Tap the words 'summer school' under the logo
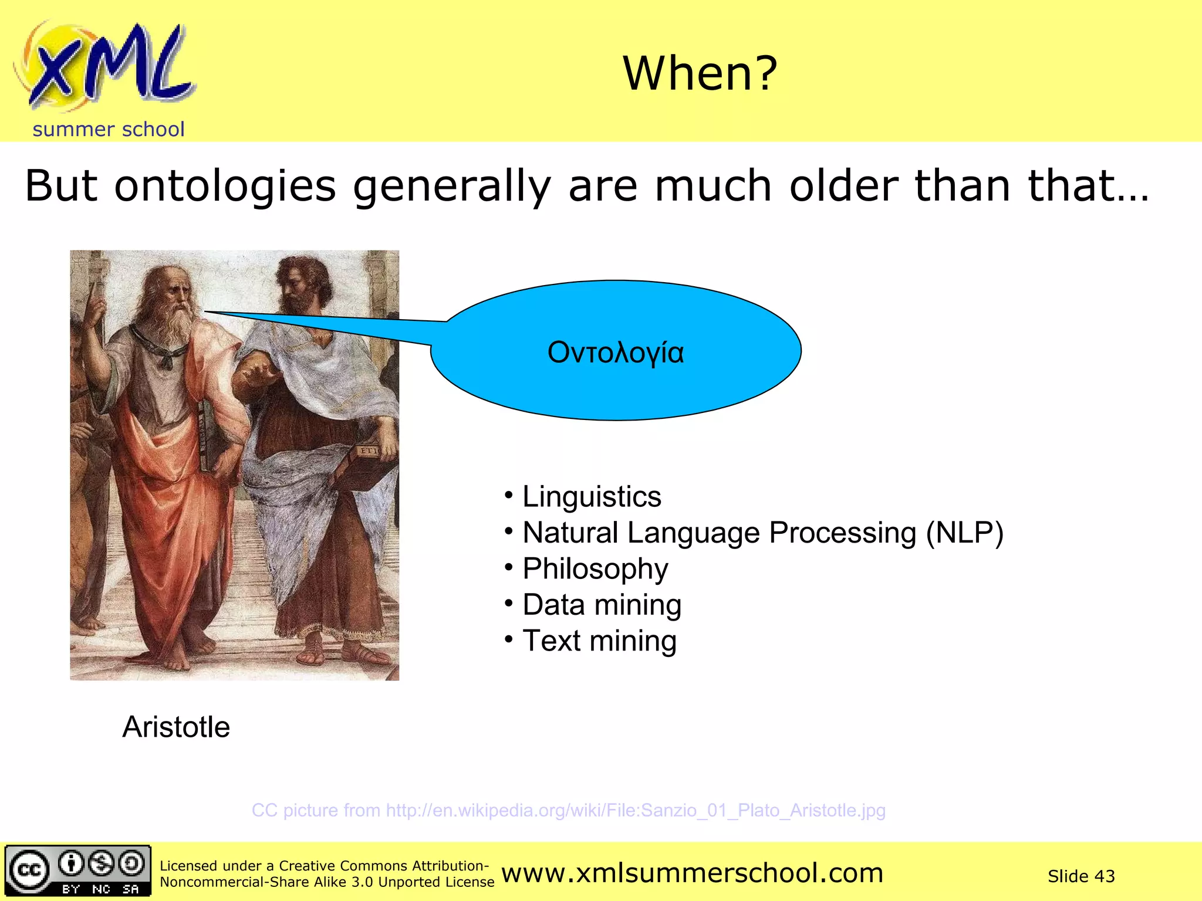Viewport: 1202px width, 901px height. pyautogui.click(x=109, y=130)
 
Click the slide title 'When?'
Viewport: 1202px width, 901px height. pyautogui.click(x=700, y=73)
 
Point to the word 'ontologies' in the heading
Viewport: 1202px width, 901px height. pyautogui.click(x=225, y=186)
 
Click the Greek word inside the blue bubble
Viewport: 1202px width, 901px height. pyautogui.click(x=615, y=353)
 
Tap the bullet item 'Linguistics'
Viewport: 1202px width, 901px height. pyautogui.click(x=591, y=497)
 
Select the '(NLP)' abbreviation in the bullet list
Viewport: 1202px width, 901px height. pyautogui.click(x=964, y=533)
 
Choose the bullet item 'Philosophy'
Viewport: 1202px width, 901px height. pyautogui.click(x=595, y=569)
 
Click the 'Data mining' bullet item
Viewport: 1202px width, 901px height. pyautogui.click(x=601, y=605)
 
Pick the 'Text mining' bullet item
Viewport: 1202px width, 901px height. pyautogui.click(x=599, y=641)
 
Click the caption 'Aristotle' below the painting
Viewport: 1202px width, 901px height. pyautogui.click(x=176, y=727)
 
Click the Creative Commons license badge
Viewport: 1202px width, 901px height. pyautogui.click(x=77, y=871)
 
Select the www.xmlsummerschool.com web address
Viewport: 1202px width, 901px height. pyautogui.click(x=692, y=873)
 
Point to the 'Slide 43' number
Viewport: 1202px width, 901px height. pyautogui.click(x=1081, y=876)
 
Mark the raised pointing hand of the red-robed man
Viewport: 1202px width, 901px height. pyautogui.click(x=94, y=305)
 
